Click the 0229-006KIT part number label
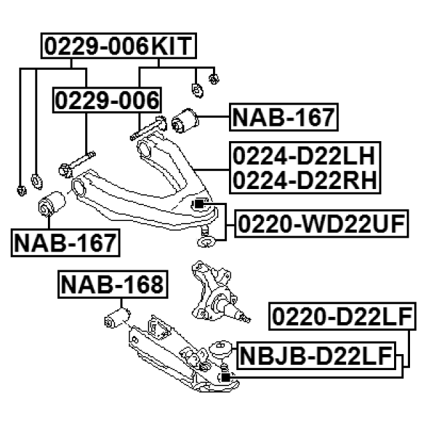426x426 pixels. tap(118, 47)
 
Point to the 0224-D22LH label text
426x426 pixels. tap(305, 157)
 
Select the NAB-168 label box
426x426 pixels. tap(112, 286)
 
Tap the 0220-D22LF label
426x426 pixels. tap(343, 319)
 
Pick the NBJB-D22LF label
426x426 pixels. tap(315, 356)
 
